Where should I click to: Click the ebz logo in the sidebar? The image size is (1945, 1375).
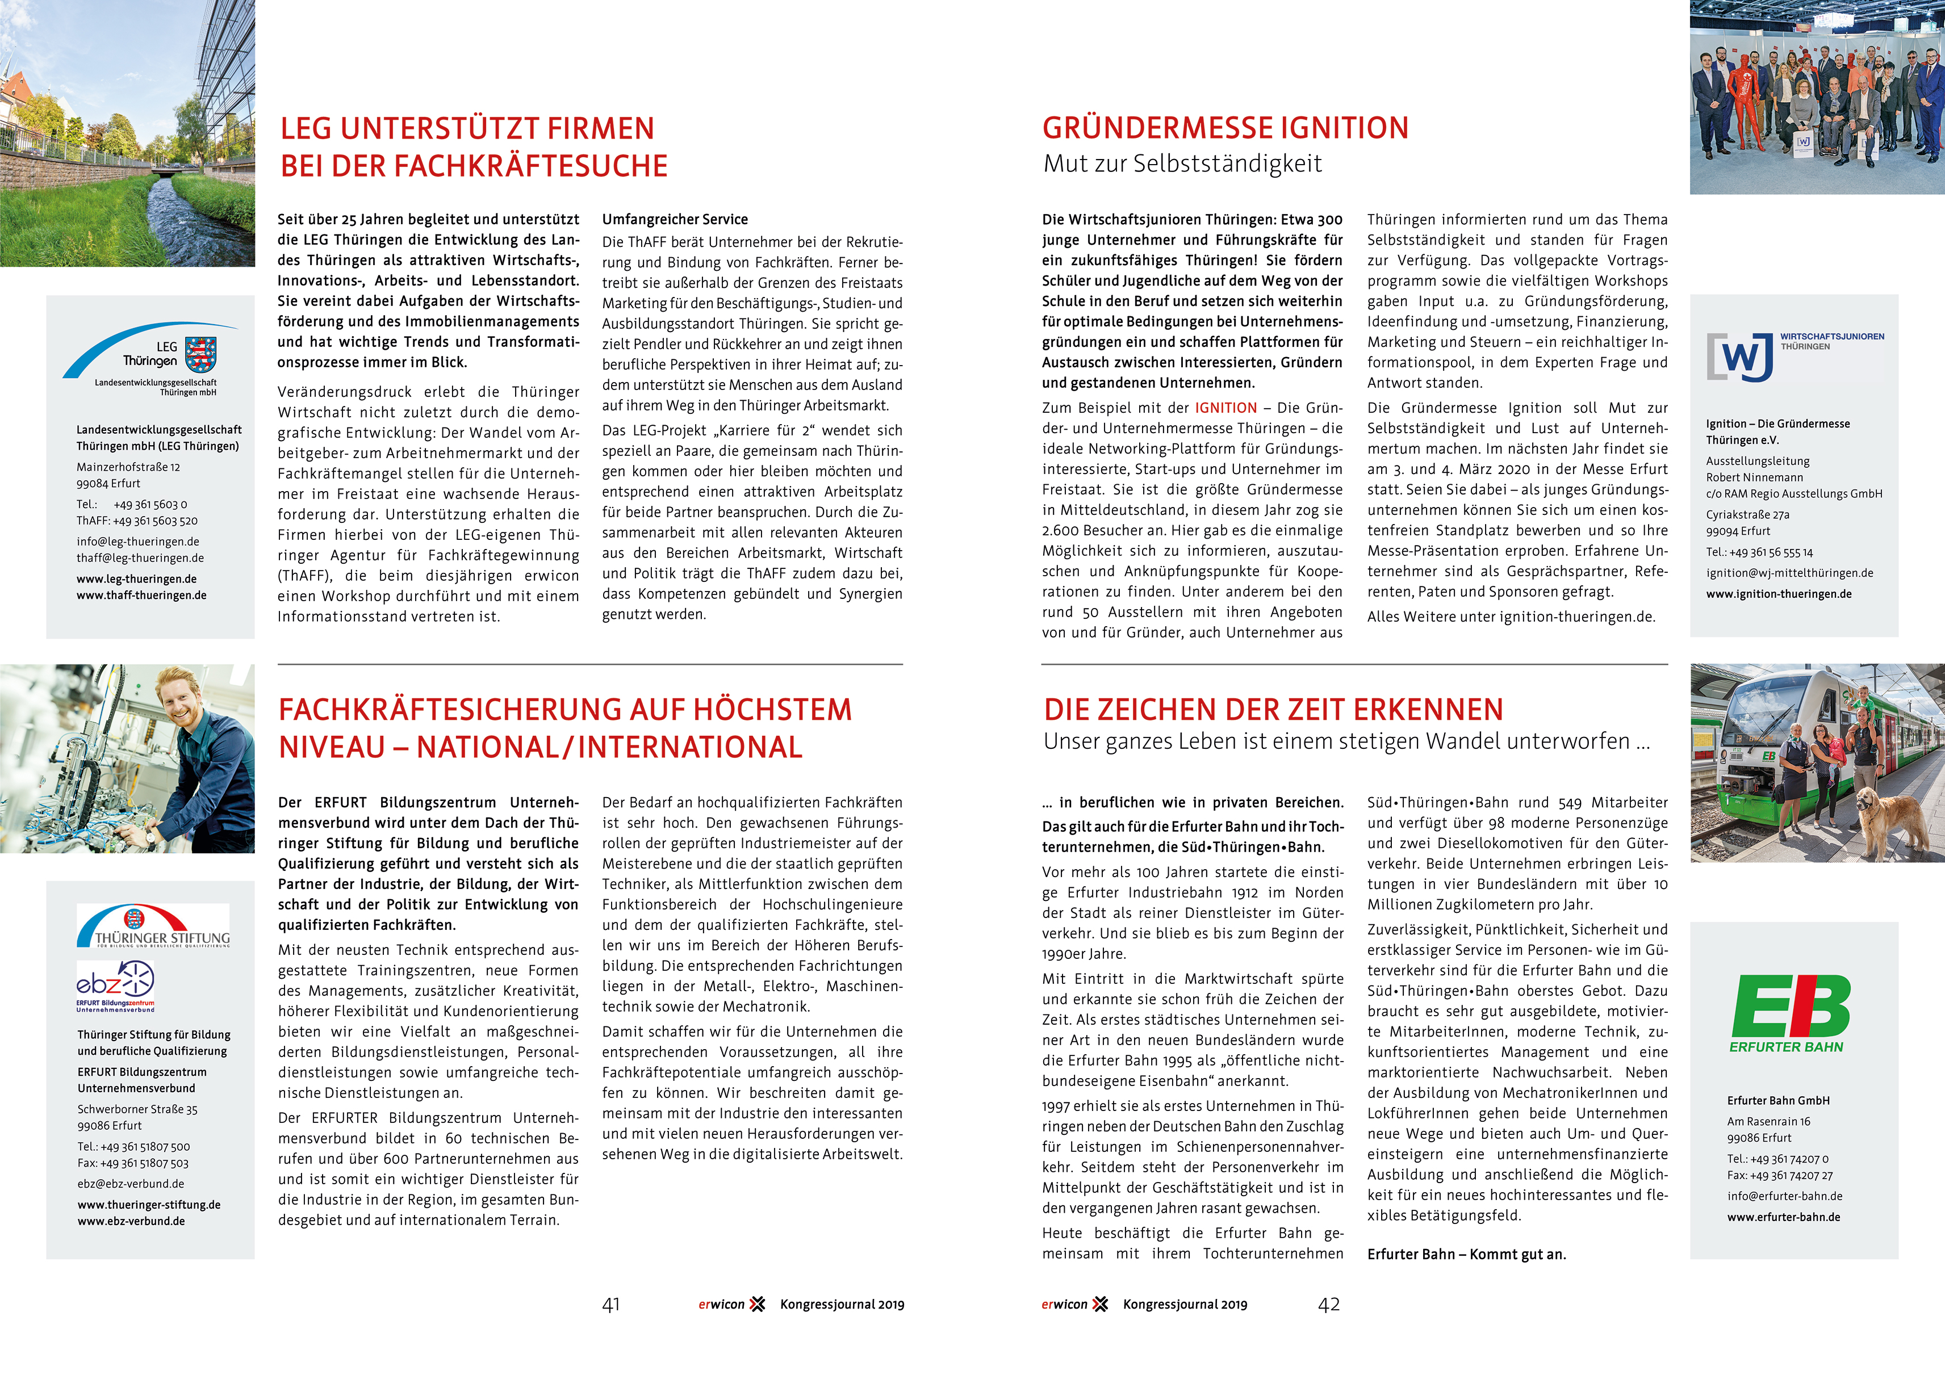point(115,984)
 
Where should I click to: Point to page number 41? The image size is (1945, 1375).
point(611,1305)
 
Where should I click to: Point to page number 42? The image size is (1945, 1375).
point(1328,1305)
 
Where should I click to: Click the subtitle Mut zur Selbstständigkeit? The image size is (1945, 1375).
point(1182,164)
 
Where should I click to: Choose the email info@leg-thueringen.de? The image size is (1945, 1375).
point(138,542)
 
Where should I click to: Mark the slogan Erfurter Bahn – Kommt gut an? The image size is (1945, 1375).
point(1466,1255)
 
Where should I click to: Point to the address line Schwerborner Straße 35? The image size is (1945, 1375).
point(137,1109)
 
